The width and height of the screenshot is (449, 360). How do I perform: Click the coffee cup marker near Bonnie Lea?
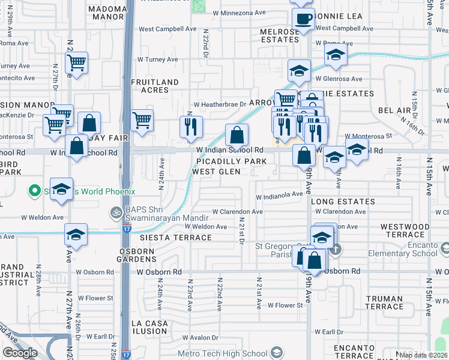click(x=304, y=19)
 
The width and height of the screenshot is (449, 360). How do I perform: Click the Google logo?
click(x=20, y=353)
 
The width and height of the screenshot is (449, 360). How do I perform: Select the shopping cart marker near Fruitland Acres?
click(x=142, y=120)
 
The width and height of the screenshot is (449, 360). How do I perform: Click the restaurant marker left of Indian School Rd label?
click(x=191, y=127)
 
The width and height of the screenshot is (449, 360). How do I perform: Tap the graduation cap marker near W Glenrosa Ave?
click(x=299, y=71)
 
